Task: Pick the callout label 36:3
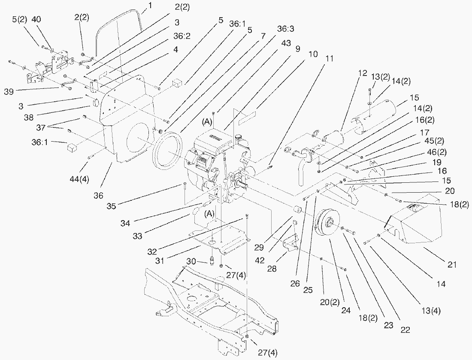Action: (285, 29)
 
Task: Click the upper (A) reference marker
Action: (207, 122)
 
